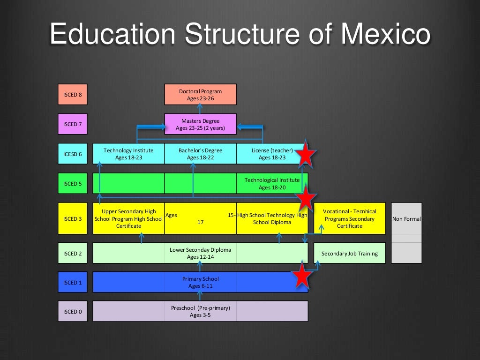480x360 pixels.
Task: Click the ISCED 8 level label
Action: (73, 94)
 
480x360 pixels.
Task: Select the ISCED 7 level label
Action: (73, 124)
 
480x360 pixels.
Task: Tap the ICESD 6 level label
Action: (73, 154)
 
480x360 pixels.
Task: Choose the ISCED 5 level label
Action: (73, 184)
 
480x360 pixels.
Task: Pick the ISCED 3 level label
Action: (73, 218)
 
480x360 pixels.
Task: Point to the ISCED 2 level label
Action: (73, 253)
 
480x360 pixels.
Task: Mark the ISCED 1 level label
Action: (73, 282)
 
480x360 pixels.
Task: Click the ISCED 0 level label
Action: (73, 311)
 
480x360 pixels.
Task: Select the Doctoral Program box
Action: (200, 94)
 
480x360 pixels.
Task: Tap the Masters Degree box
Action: (200, 124)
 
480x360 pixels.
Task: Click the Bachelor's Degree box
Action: (200, 154)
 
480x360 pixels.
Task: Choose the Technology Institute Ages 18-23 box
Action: (128, 154)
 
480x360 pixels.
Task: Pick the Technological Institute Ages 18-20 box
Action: (272, 183)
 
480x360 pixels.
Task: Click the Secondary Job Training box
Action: (349, 253)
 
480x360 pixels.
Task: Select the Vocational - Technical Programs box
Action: (349, 218)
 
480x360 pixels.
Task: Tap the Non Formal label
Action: (406, 218)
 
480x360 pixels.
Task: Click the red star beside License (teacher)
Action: (306, 154)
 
